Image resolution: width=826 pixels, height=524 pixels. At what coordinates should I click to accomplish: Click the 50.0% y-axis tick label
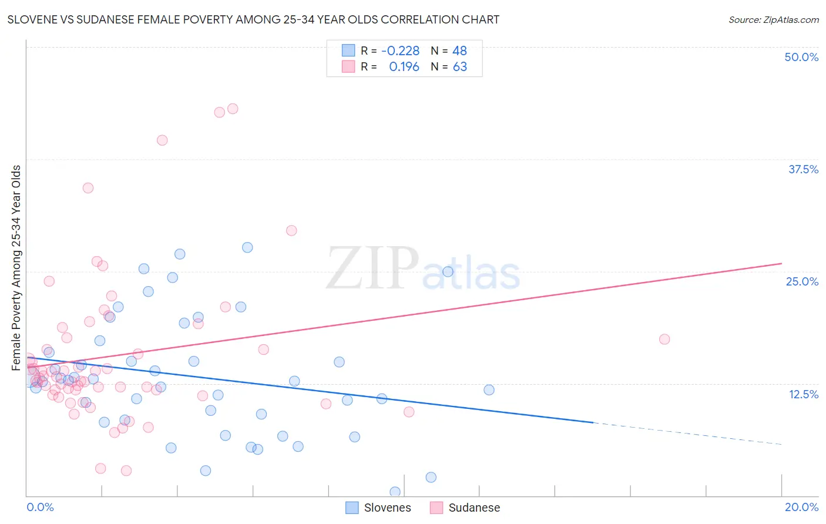click(x=801, y=57)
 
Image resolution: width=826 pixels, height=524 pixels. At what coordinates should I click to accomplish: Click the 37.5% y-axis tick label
click(x=803, y=169)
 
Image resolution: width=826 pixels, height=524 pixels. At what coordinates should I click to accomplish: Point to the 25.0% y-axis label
click(x=802, y=281)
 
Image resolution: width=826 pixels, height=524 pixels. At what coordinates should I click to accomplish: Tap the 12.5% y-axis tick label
click(x=803, y=394)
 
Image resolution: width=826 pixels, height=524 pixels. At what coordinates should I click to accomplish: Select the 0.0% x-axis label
click(x=40, y=507)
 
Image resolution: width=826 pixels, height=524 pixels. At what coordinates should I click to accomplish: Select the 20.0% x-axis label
click(x=801, y=507)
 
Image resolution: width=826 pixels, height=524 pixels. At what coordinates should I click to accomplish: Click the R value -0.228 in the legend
click(x=400, y=51)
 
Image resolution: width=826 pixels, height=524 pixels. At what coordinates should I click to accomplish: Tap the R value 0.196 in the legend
click(x=404, y=67)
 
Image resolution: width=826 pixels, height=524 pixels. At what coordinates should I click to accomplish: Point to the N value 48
click(x=459, y=51)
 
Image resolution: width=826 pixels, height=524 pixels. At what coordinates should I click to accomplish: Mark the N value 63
click(x=459, y=67)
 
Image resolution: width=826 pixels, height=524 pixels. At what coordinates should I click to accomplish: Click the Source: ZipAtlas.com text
click(x=773, y=19)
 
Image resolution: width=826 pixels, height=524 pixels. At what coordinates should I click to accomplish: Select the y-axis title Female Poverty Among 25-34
click(x=16, y=267)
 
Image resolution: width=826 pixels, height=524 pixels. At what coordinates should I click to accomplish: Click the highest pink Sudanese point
click(x=233, y=109)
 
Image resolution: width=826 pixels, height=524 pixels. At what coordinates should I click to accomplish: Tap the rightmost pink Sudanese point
click(x=664, y=339)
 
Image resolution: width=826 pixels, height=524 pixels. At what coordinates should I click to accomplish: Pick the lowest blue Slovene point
click(x=395, y=492)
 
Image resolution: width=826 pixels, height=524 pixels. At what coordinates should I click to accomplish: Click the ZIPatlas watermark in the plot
click(x=423, y=269)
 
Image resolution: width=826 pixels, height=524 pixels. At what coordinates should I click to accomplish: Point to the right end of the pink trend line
click(x=781, y=264)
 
